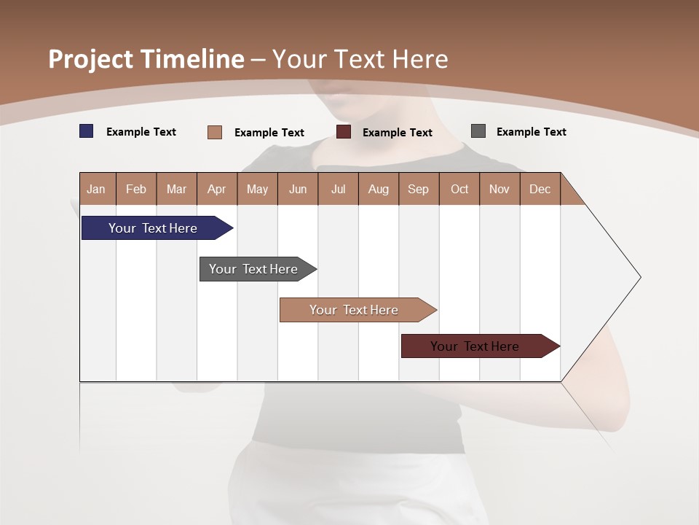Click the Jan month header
(97, 189)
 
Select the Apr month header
(217, 189)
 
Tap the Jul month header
(339, 189)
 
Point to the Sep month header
(419, 189)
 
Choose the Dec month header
(540, 189)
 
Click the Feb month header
(136, 189)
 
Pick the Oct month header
(459, 189)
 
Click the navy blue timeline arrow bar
(153, 228)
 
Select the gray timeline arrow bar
(253, 269)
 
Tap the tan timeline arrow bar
(354, 310)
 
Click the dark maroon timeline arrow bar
(475, 346)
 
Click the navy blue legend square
(87, 131)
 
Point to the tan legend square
(215, 132)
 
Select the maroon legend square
(344, 132)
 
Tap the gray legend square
(478, 131)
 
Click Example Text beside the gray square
(531, 132)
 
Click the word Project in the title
(90, 59)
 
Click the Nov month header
(499, 189)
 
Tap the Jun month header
(298, 189)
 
